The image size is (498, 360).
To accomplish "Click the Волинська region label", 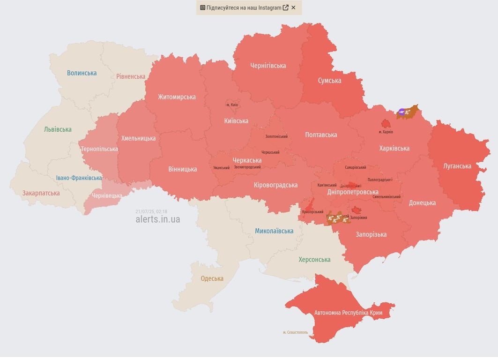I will coord(82,73).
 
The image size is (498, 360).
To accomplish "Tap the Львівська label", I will coord(58,129).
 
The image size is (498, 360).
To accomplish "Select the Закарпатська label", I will coord(41,193).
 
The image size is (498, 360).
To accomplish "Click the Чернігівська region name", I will coord(268,66).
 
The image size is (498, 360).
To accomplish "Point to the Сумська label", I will coord(329,81).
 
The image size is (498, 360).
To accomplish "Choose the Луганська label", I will coord(457,166).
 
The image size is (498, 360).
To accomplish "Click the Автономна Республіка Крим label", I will coord(348,313).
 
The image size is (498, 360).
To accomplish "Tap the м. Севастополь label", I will coord(295,332).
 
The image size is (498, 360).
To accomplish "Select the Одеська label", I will coord(212,278).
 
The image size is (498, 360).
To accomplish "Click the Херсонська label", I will coord(314,260).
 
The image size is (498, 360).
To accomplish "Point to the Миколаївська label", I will coord(274,231).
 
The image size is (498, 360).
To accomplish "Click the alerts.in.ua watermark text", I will coord(157,219).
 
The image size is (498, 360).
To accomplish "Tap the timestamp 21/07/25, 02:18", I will coord(151,211).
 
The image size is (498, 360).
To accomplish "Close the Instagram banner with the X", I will coord(293,7).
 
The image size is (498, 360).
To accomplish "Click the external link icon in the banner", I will coord(285,7).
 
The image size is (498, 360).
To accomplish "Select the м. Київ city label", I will coord(232,105).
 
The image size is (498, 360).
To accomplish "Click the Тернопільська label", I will coord(99,149).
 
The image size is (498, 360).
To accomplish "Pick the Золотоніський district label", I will coord(276,136).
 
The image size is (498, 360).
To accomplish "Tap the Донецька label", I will coord(422,203).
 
